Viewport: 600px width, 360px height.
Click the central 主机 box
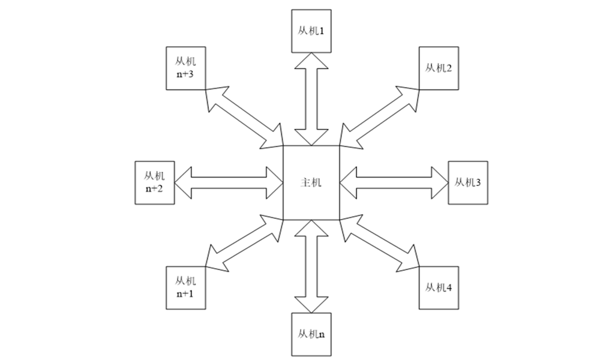point(311,182)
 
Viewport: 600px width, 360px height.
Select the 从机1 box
point(311,29)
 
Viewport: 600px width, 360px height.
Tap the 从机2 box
point(438,68)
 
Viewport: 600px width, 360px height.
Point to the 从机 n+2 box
point(155,182)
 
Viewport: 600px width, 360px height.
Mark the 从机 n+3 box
point(187,68)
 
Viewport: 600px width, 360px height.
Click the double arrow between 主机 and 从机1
point(311,98)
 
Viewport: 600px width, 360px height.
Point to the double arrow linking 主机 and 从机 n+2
point(229,182)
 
